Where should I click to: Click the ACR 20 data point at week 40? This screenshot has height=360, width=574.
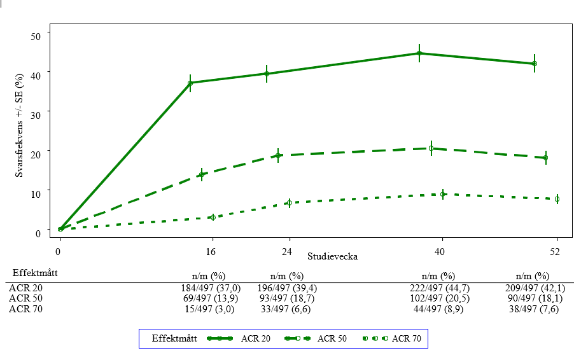(x=419, y=53)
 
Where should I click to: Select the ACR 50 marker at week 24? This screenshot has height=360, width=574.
(x=278, y=155)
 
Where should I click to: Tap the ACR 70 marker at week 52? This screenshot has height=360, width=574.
(x=557, y=199)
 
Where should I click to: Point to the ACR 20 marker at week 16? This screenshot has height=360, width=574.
(x=190, y=83)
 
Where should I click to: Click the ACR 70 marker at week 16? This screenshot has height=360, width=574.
(x=213, y=218)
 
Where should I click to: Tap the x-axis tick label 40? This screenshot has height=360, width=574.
(x=440, y=252)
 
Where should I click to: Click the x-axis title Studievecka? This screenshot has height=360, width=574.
(x=332, y=257)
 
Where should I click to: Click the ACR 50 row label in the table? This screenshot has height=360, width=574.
(x=24, y=298)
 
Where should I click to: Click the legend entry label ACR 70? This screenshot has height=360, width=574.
(x=407, y=338)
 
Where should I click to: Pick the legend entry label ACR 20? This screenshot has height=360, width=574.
(x=256, y=338)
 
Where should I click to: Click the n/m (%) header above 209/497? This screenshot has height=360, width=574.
(x=532, y=276)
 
